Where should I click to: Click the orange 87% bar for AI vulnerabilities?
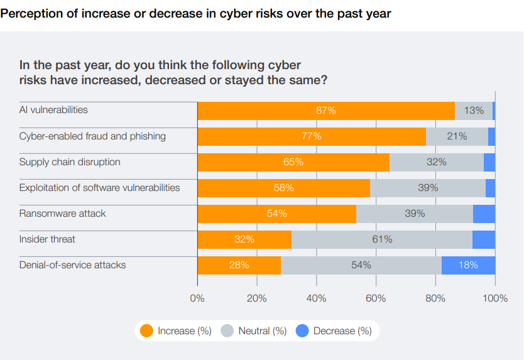point(326,111)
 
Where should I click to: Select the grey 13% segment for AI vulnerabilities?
point(474,111)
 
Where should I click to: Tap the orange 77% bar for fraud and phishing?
point(312,136)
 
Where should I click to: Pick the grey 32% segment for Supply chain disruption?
point(436,162)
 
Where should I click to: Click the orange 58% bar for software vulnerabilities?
point(283,188)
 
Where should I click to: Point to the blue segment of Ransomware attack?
point(484,214)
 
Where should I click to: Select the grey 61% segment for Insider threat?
point(381,239)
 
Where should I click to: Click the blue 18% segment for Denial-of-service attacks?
point(468,265)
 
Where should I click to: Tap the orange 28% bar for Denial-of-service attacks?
point(239,265)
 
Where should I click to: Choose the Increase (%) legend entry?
point(176,330)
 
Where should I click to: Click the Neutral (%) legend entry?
point(254,330)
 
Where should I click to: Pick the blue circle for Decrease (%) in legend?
point(302,330)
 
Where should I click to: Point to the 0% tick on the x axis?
point(197,298)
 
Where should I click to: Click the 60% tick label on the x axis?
point(376,298)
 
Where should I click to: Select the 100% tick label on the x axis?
point(495,298)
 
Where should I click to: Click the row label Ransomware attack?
point(63,214)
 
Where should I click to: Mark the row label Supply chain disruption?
point(70,162)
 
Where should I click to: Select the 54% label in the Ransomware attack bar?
point(276,214)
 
